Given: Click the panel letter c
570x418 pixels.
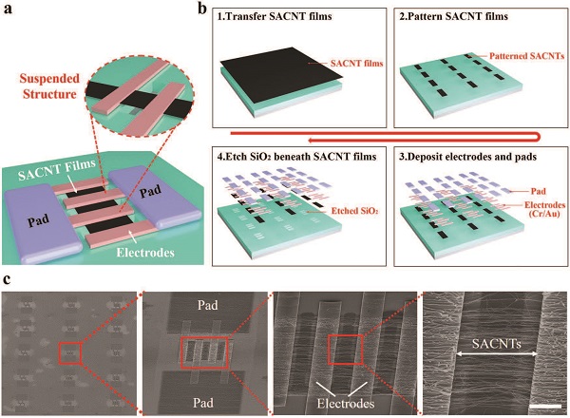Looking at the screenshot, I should [9, 280].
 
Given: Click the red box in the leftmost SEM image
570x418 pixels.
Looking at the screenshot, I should [69, 352].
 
